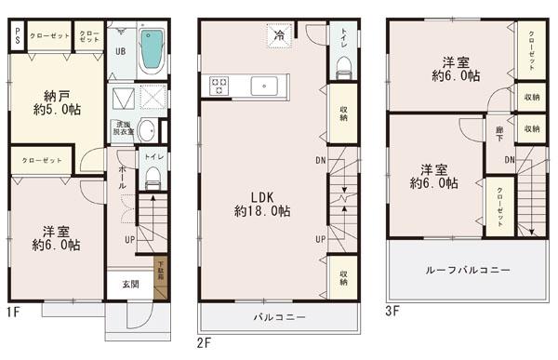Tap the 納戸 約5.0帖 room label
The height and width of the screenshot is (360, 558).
55,101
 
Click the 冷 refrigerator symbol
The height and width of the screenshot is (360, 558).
279,34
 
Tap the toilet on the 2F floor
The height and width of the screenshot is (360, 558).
344,66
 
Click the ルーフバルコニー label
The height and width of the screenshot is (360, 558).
468,270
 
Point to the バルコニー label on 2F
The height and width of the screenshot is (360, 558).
280,317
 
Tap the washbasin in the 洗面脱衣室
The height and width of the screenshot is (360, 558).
147,129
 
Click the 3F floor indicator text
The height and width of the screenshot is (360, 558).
392,311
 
